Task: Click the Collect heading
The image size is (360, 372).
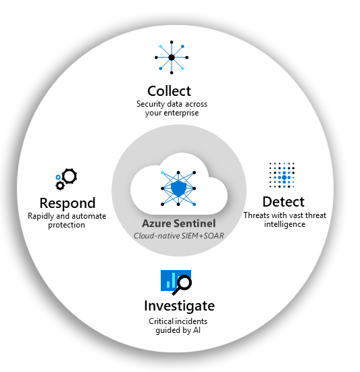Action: pyautogui.click(x=169, y=91)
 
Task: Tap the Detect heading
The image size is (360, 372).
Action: pyautogui.click(x=284, y=202)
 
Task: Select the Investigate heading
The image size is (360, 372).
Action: pyautogui.click(x=180, y=306)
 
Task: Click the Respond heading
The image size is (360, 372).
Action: pyautogui.click(x=68, y=204)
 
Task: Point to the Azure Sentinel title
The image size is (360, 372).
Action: pyautogui.click(x=179, y=223)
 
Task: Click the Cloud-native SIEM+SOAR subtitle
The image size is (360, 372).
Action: pyautogui.click(x=179, y=236)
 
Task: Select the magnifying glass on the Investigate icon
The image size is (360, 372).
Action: pyautogui.click(x=182, y=286)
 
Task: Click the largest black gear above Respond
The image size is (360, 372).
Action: pyautogui.click(x=70, y=176)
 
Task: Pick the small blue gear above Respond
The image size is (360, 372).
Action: pyautogui.click(x=58, y=177)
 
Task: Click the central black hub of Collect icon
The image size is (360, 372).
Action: pyautogui.click(x=172, y=57)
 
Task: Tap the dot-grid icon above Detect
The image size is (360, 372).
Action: pyautogui.click(x=282, y=175)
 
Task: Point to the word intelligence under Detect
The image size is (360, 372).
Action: pyautogui.click(x=284, y=224)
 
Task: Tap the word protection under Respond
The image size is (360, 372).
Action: pyautogui.click(x=66, y=225)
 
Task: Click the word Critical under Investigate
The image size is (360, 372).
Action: pyautogui.click(x=161, y=321)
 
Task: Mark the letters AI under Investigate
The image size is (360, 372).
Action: pyautogui.click(x=197, y=330)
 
